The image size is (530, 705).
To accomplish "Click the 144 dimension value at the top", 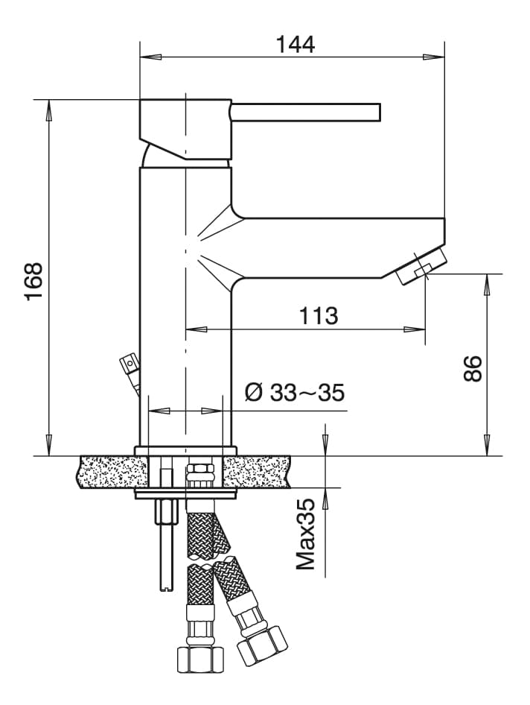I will tap(296, 44).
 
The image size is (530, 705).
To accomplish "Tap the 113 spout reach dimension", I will tap(319, 315).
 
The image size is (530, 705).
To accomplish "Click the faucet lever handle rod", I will tap(305, 112).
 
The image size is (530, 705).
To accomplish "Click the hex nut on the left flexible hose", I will tap(200, 659).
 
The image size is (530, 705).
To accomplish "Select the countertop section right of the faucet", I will tap(257, 472).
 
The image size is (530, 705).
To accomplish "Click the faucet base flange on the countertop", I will tap(185, 450).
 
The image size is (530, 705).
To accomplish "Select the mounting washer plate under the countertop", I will tap(185, 493).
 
